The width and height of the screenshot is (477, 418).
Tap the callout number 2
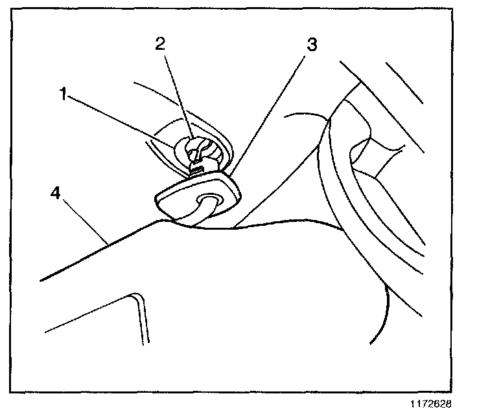click(160, 44)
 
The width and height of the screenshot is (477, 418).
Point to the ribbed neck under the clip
click(197, 170)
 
